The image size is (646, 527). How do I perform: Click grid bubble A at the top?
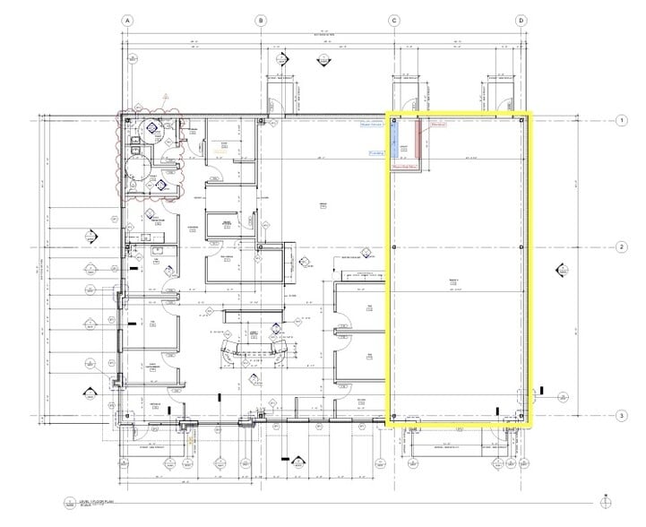tap(128, 20)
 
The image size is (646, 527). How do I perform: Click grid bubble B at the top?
tap(261, 20)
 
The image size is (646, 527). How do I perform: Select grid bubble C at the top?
tap(393, 20)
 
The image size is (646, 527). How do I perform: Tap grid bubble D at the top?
tap(521, 20)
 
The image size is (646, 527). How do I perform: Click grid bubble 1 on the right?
tap(620, 120)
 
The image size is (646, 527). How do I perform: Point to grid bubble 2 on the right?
tap(620, 246)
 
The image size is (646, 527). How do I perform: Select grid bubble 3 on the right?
tap(620, 415)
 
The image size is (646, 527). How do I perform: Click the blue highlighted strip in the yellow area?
tap(394, 139)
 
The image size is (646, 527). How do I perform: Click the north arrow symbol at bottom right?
tap(606, 502)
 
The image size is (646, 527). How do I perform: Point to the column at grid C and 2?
tap(393, 246)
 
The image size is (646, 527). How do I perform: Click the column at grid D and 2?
tap(521, 246)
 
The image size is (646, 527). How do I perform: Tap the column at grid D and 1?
tap(521, 120)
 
